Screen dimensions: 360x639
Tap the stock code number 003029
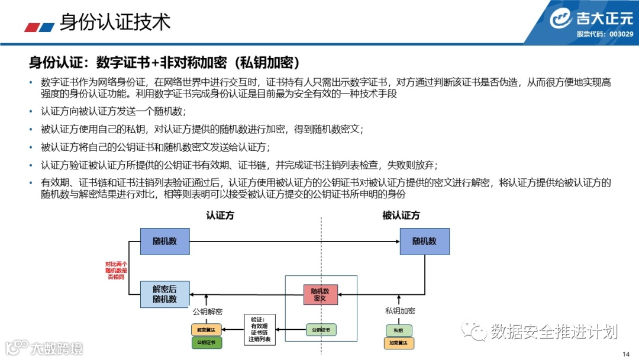click(621, 34)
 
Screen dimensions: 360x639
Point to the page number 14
click(627, 353)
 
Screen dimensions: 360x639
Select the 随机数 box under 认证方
click(164, 242)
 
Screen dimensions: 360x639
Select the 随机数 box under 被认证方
click(424, 242)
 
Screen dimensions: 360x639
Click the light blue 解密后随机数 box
click(164, 294)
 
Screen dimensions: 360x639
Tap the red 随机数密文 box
click(320, 294)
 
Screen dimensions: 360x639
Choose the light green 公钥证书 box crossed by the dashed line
click(321, 329)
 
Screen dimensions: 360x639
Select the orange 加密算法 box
click(399, 343)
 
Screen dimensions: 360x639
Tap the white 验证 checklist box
click(260, 329)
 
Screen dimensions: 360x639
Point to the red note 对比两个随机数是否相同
click(117, 270)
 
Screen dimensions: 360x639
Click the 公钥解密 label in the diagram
click(207, 311)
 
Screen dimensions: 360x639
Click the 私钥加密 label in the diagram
click(400, 311)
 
